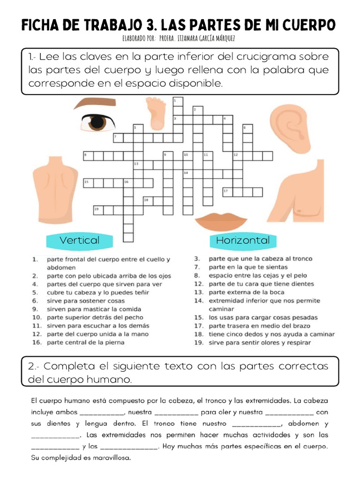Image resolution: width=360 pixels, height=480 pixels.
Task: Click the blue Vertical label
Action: coord(80,240)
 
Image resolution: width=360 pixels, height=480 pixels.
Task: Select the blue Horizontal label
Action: coord(243,240)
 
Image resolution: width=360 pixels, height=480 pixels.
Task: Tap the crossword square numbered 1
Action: coord(178,101)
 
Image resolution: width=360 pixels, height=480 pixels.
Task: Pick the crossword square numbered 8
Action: coord(88,155)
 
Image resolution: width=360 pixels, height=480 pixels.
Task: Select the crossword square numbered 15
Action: coord(88,182)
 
